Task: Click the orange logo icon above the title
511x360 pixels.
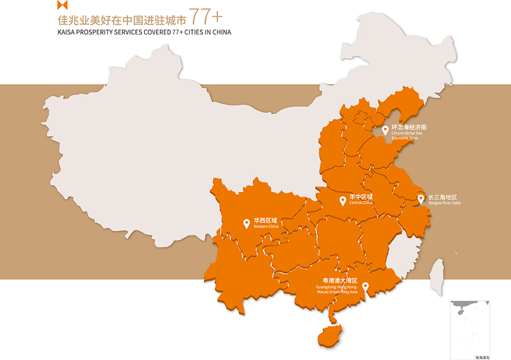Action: (x=63, y=6)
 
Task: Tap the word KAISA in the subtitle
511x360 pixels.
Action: (x=66, y=32)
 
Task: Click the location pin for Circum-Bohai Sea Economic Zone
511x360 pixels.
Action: (x=385, y=131)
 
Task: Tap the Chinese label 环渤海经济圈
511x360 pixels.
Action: (x=409, y=127)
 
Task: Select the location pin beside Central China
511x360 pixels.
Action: (x=343, y=201)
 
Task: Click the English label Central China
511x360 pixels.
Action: (x=361, y=203)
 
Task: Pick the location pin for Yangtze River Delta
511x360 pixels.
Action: (x=421, y=199)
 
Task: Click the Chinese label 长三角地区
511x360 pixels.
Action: (x=442, y=197)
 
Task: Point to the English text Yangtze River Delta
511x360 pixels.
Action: (x=444, y=203)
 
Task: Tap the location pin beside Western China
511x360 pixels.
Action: (x=246, y=224)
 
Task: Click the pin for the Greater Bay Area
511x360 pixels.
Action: (x=365, y=287)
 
